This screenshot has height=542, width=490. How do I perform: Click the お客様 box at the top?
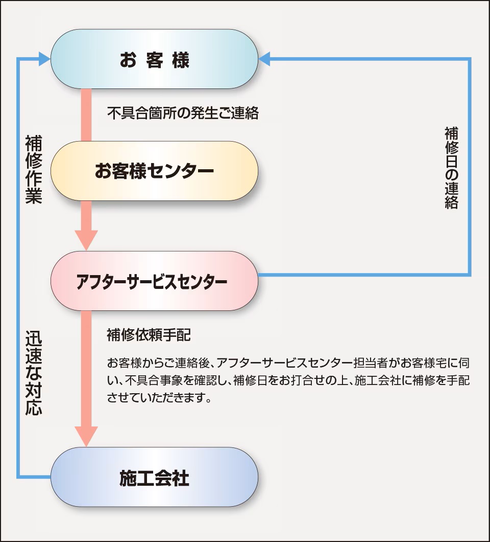pyautogui.click(x=154, y=59)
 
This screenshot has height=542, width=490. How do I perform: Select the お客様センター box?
pyautogui.click(x=154, y=171)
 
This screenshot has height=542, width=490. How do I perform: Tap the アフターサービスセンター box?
pyautogui.click(x=154, y=281)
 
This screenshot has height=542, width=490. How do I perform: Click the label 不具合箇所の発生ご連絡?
pyautogui.click(x=183, y=113)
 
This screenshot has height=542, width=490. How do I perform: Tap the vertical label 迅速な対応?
pyautogui.click(x=33, y=374)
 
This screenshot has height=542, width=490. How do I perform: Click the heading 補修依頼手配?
pyautogui.click(x=149, y=335)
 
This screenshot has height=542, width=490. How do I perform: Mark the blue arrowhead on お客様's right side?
pyautogui.click(x=265, y=59)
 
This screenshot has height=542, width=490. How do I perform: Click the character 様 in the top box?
pyautogui.click(x=181, y=60)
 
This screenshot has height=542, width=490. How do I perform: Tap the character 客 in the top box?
pyautogui.click(x=154, y=60)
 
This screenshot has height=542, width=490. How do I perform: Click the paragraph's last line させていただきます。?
pyautogui.click(x=159, y=397)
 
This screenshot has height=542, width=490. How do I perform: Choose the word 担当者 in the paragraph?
pyautogui.click(x=371, y=364)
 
